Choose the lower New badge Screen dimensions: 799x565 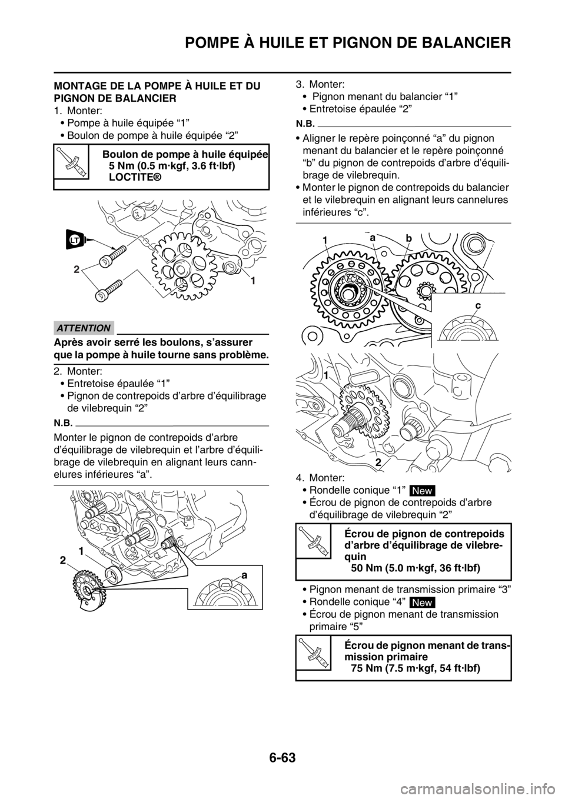[x=421, y=602]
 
